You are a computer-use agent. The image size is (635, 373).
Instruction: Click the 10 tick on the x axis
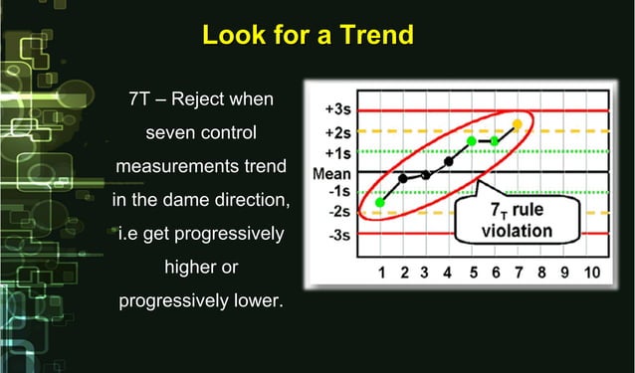[x=590, y=273]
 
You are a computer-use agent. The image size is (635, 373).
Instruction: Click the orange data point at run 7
[x=517, y=124]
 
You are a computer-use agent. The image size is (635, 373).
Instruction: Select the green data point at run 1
[x=380, y=203]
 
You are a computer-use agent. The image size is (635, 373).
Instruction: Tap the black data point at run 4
[x=449, y=161]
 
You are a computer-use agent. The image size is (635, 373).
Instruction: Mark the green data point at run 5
[x=472, y=140]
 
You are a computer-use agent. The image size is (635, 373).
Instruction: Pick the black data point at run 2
[x=403, y=178]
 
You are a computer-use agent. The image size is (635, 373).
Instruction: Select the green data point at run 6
[x=495, y=141]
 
